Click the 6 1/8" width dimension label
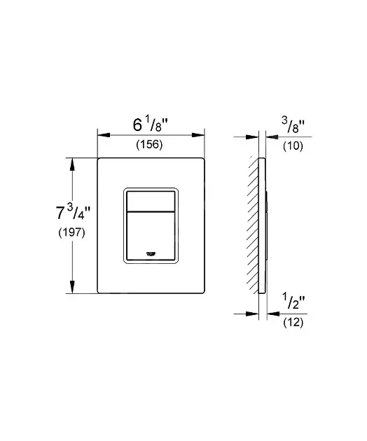point(151,125)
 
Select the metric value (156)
point(149,145)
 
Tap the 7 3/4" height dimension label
point(73,213)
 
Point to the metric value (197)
point(71,232)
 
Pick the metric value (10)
point(293,146)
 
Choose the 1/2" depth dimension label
point(293,301)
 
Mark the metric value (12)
point(293,322)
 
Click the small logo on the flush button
point(151,254)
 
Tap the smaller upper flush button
point(151,201)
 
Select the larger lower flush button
point(151,236)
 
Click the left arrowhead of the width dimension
point(104,135)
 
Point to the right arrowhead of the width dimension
point(198,135)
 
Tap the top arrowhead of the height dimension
point(72,164)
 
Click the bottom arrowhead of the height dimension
point(72,287)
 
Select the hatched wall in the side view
point(253,225)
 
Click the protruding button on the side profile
point(266,225)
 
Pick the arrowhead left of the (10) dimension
point(252,137)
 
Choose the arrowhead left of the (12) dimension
point(252,314)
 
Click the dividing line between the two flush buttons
point(151,211)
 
